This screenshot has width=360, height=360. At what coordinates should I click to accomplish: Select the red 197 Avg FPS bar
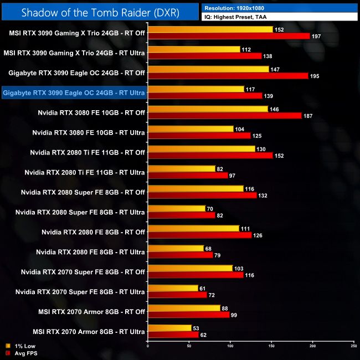point(229,36)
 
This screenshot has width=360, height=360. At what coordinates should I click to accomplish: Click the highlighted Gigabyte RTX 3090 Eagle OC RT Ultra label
point(74,92)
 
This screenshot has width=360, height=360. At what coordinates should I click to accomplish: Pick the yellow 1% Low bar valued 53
point(169,328)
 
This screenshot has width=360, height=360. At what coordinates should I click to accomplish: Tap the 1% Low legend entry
point(22,346)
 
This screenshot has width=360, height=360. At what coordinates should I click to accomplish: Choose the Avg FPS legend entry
point(23,353)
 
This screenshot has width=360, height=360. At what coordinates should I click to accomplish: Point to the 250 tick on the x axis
point(353,346)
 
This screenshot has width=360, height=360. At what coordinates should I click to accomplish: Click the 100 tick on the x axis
point(230,346)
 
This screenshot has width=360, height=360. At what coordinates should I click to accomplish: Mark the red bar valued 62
point(173,335)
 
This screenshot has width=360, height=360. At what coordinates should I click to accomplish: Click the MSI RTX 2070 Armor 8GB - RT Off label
point(89,312)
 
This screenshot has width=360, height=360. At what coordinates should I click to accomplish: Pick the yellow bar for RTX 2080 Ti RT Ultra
point(182,168)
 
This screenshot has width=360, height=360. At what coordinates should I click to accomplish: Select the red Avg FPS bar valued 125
point(199,136)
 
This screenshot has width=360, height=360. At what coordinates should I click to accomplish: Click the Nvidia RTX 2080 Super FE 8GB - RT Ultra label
point(80,212)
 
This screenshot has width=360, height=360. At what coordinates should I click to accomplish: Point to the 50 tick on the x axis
point(189,346)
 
